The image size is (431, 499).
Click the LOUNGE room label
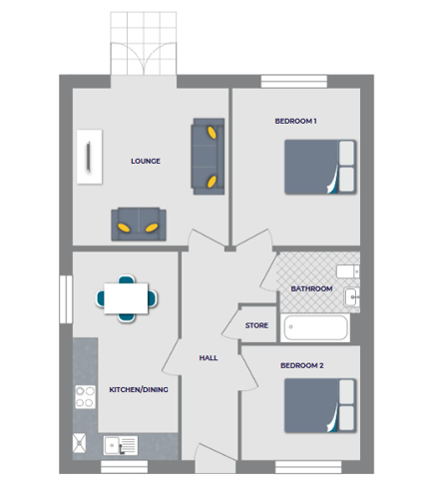(146, 161)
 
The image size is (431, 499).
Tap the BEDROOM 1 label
(295, 121)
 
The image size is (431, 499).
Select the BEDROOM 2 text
(302, 365)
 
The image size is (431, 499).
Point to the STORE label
(256, 325)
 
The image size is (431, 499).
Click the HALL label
(209, 358)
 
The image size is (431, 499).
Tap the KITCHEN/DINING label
(139, 389)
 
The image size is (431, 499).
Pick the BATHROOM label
(311, 288)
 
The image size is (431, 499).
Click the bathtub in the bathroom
(315, 327)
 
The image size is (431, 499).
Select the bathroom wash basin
(352, 296)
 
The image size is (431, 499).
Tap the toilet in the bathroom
(348, 271)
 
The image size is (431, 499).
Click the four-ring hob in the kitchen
(85, 397)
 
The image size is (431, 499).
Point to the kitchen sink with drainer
(121, 445)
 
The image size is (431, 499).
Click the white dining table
(126, 298)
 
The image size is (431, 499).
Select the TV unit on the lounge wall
(90, 157)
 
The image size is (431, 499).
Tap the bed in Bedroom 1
(320, 167)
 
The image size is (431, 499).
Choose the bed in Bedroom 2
(320, 405)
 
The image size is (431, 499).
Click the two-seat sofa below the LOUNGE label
(139, 224)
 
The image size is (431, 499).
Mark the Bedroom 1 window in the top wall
(294, 81)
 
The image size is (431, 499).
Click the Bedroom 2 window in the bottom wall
(308, 467)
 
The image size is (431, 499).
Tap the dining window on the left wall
(66, 299)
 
